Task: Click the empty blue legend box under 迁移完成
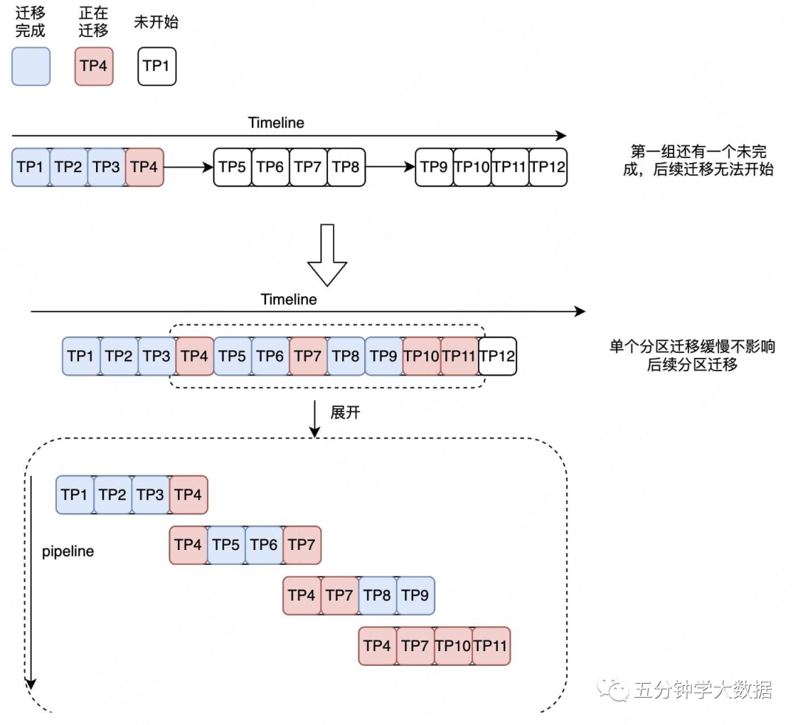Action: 31,66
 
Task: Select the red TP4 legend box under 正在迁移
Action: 94,66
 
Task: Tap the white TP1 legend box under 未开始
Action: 157,66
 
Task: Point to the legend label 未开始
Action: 156,22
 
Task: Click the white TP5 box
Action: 233,167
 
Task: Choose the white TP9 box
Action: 434,167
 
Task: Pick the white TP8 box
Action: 346,167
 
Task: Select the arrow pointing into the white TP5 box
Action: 188,167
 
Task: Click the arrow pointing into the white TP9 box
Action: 390,167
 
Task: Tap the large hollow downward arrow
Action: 327,255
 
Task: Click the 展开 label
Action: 345,412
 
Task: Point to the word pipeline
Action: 68,552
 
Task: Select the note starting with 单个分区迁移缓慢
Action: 692,355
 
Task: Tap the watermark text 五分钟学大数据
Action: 703,690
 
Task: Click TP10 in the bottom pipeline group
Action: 453,646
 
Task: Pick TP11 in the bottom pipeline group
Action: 491,646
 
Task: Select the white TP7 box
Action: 308,167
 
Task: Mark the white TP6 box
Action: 270,167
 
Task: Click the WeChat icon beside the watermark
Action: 615,690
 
